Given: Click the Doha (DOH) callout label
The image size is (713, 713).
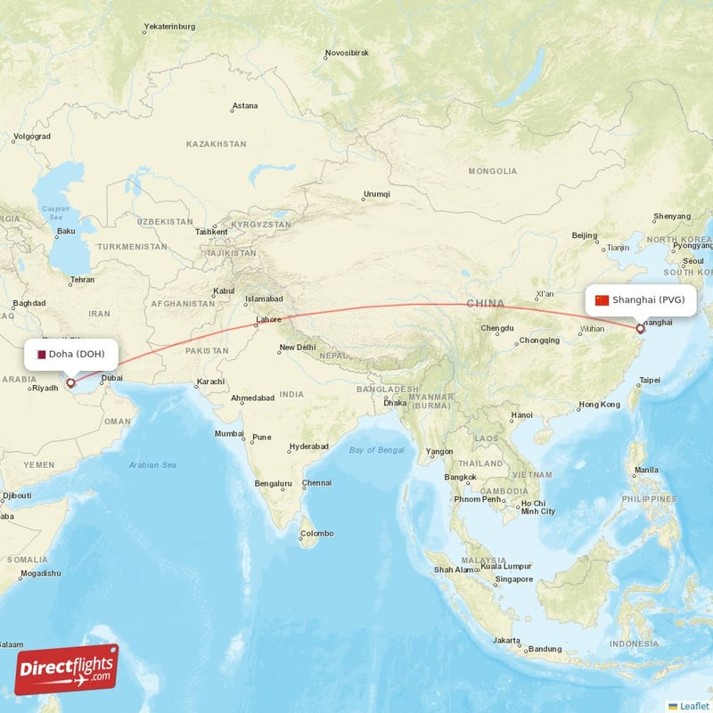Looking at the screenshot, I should [x=71, y=354].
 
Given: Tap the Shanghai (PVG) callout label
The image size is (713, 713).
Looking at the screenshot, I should [x=641, y=299].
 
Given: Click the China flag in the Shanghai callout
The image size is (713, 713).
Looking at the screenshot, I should [x=602, y=299].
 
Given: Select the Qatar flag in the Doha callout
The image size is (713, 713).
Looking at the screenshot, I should [x=40, y=354].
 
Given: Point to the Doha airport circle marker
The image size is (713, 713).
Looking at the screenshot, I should [x=70, y=383].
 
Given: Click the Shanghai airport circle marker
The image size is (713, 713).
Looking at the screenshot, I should [x=640, y=330].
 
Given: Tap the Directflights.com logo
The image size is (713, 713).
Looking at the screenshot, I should [x=67, y=668].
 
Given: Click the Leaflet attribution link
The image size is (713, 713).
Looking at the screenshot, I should [x=693, y=706].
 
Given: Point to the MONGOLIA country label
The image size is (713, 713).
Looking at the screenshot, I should [x=492, y=170].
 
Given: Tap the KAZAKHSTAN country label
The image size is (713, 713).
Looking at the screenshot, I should [x=216, y=143].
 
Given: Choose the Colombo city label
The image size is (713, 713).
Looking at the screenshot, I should [x=316, y=534].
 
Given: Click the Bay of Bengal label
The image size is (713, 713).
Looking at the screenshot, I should [x=376, y=450].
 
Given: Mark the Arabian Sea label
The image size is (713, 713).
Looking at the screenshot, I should [x=152, y=465].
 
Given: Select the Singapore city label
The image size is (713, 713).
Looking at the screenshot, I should [x=515, y=579].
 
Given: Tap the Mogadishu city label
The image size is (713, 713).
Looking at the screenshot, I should [x=40, y=573].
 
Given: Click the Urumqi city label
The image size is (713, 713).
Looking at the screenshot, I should [x=376, y=194].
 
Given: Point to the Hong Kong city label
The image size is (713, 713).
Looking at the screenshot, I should [x=599, y=405].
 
